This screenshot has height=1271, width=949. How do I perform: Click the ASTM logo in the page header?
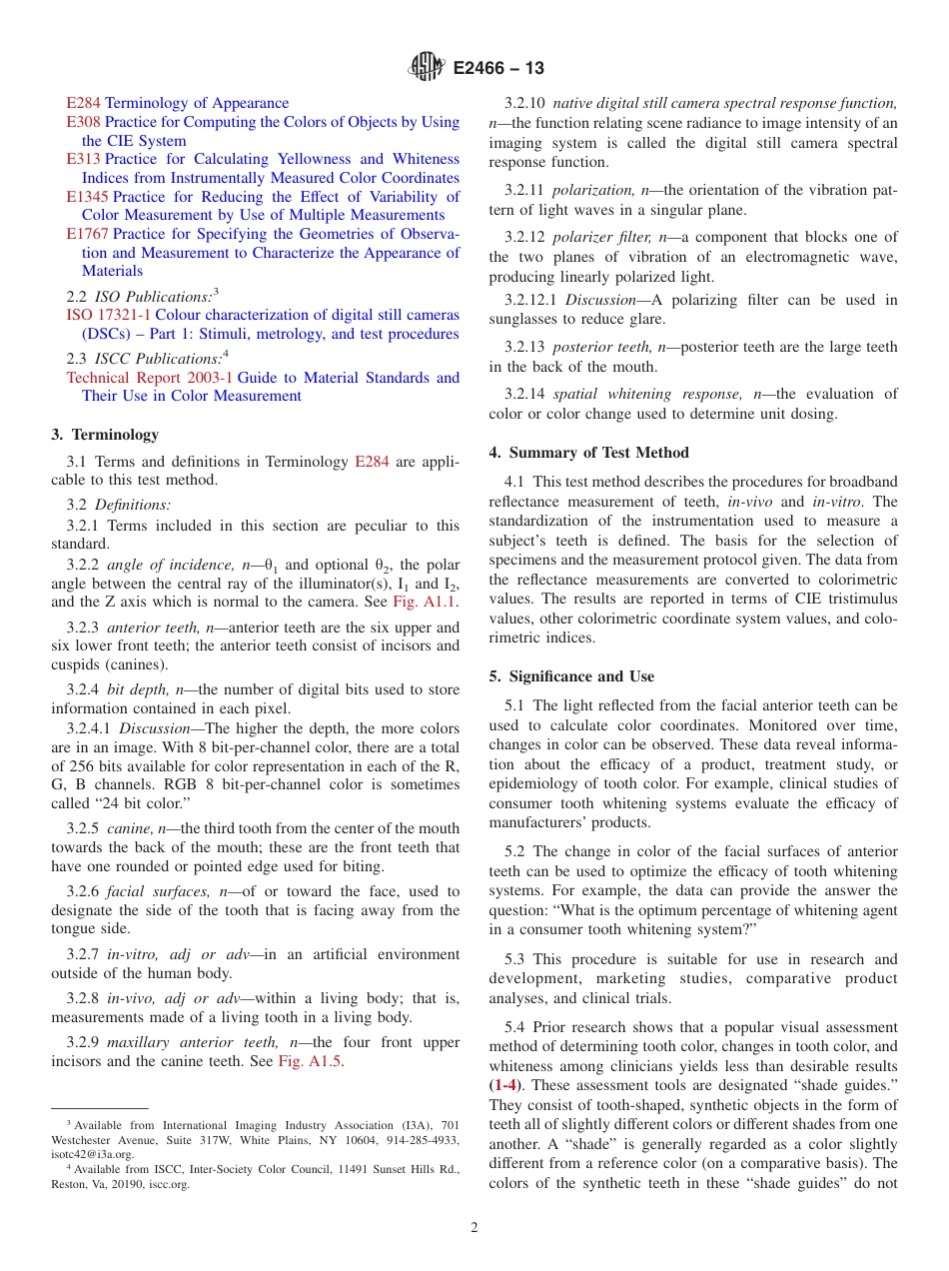pos(427,68)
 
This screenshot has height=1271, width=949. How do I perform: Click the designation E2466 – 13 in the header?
pos(497,69)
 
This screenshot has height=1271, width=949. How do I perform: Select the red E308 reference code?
pos(83,122)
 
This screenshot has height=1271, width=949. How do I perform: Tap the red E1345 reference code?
pos(87,197)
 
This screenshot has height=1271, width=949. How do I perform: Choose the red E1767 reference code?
pos(87,234)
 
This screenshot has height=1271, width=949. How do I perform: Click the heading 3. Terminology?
pos(105,435)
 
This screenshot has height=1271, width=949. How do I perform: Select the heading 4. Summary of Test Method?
pos(588,453)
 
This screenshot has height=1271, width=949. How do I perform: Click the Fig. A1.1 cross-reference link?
pos(426,603)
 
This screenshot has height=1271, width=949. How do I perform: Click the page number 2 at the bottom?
pos(474,1228)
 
